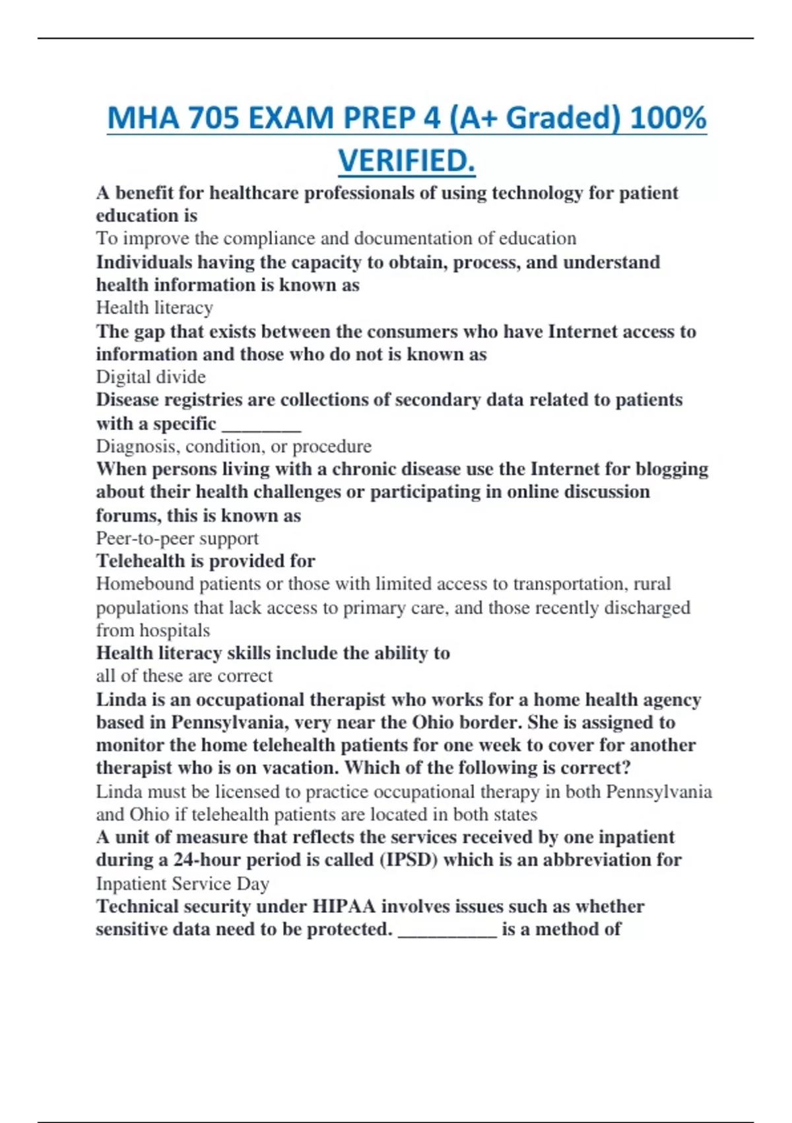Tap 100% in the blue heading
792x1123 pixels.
pyautogui.click(x=668, y=118)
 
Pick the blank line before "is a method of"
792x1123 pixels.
pyautogui.click(x=447, y=930)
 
